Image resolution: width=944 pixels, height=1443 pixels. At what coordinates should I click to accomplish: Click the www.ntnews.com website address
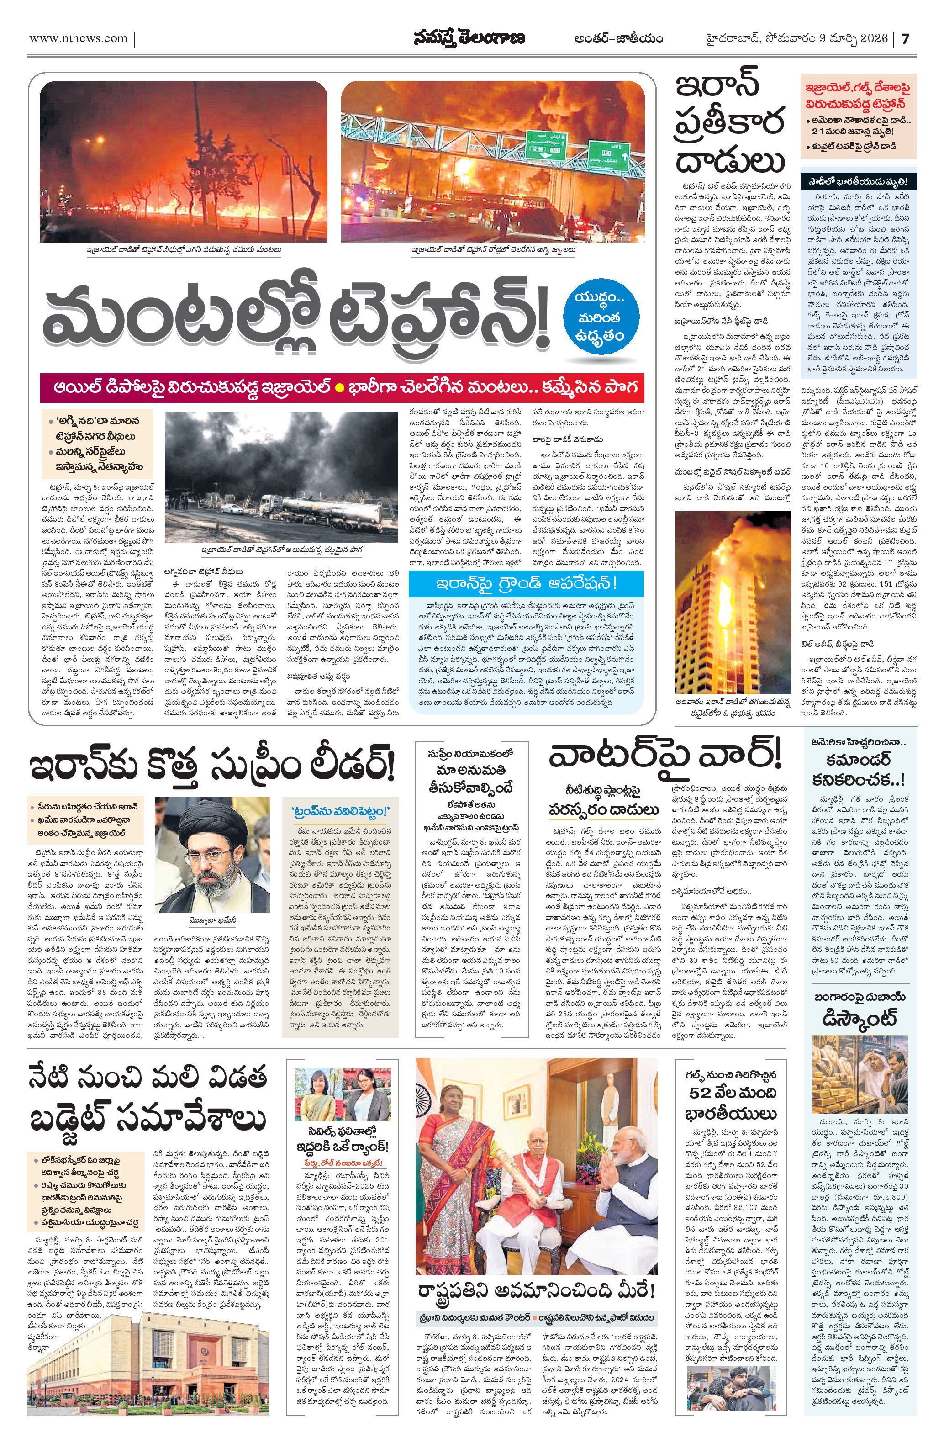click(79, 38)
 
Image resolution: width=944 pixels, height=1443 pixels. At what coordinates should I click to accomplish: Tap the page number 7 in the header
click(905, 39)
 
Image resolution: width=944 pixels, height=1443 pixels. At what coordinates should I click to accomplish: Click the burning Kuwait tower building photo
click(733, 603)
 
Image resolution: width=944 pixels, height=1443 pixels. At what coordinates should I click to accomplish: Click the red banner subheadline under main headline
click(342, 388)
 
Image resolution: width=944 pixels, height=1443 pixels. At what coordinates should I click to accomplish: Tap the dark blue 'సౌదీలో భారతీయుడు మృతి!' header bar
click(859, 182)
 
